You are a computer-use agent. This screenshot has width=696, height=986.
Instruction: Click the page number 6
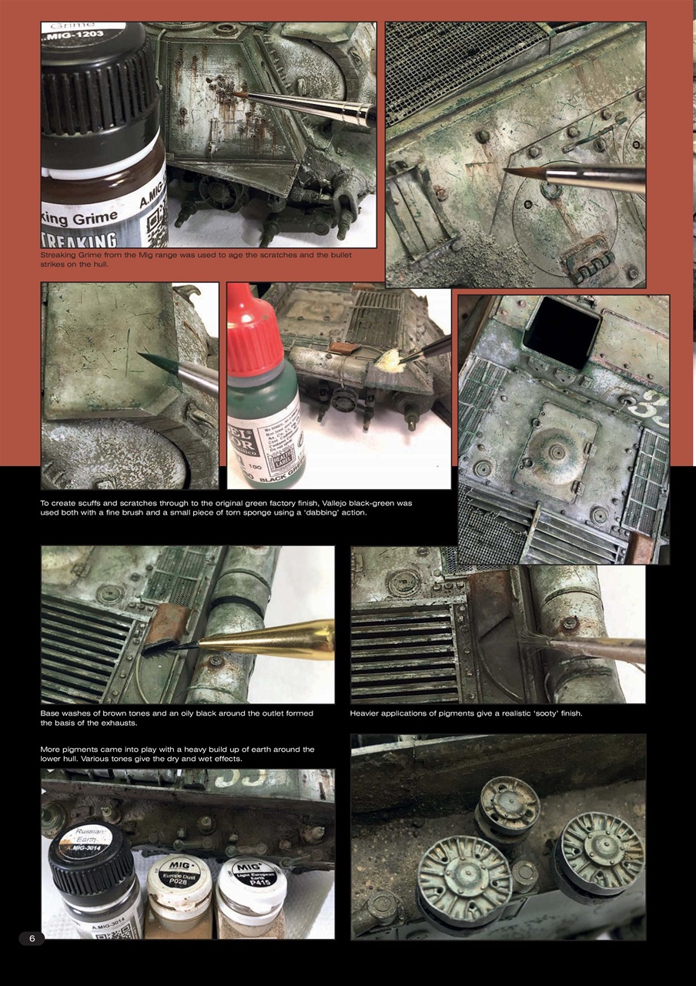32,937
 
